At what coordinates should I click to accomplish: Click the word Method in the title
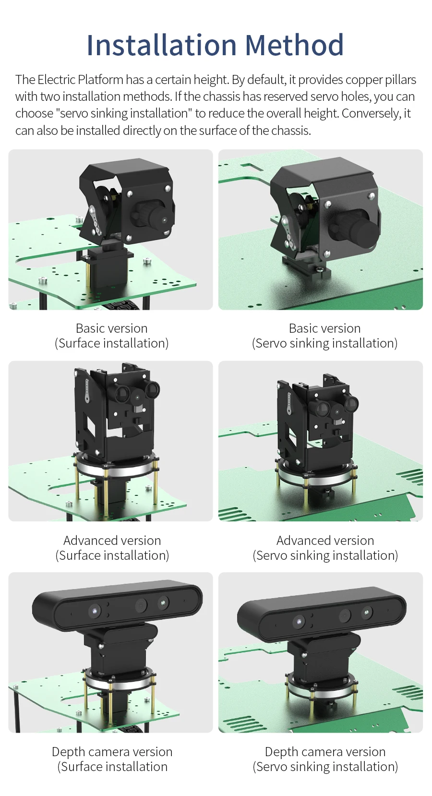point(295,45)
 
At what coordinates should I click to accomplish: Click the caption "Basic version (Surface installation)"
point(111,336)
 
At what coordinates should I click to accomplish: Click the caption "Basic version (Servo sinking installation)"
point(324,336)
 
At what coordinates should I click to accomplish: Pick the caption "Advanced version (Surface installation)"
point(112,548)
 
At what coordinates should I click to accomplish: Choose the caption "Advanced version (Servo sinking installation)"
point(325,548)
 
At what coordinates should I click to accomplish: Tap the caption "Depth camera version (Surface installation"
point(112,760)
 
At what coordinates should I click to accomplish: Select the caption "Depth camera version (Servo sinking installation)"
point(325,760)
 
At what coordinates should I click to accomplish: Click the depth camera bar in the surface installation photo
point(117,608)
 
